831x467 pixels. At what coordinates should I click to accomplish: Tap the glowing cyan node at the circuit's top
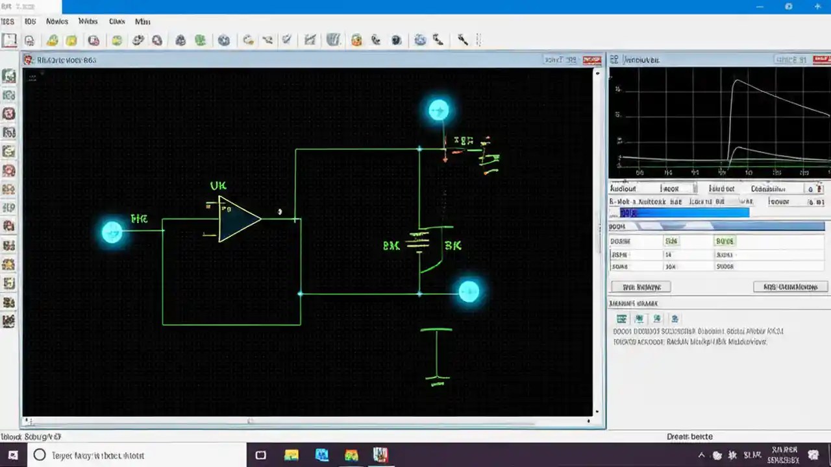[439, 110]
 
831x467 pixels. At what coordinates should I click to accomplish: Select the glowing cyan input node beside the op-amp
[112, 232]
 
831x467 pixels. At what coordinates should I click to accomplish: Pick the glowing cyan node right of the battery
[469, 292]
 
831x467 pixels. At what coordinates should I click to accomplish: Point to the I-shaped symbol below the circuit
[436, 353]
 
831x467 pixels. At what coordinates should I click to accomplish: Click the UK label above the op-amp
[218, 186]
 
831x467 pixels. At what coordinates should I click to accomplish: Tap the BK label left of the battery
[391, 246]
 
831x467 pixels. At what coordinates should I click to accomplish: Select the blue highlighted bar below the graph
[684, 213]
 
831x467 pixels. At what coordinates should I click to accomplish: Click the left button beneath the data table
[641, 287]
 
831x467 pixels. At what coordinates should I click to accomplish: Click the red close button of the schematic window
[591, 60]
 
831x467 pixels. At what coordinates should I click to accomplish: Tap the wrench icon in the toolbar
[462, 40]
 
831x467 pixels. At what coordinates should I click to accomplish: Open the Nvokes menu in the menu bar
[57, 21]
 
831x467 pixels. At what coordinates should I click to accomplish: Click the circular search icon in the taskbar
[40, 455]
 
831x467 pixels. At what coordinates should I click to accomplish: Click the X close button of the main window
[817, 6]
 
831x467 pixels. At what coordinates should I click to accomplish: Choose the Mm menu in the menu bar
[142, 21]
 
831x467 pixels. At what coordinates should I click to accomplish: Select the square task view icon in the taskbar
[261, 455]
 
